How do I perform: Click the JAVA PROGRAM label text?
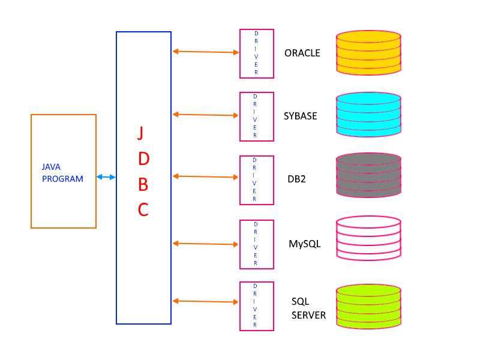tap(62, 173)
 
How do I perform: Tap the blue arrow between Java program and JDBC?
tap(106, 177)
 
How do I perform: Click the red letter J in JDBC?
tap(140, 133)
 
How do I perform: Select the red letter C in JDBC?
tap(143, 210)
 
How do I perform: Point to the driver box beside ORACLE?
tap(257, 53)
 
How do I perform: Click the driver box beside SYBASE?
tap(257, 116)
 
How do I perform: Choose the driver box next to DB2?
tap(257, 180)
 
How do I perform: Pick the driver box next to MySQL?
tap(257, 244)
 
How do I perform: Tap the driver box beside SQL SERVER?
tap(257, 306)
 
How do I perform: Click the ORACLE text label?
tap(302, 53)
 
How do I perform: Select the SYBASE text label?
tap(300, 116)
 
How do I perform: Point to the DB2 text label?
tap(296, 179)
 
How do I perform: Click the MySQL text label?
tap(304, 244)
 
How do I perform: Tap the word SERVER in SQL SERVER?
tap(308, 315)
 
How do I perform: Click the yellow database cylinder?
tap(368, 53)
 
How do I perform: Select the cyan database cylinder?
tap(368, 115)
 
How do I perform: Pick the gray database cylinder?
tap(368, 175)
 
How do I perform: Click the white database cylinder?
tap(368, 238)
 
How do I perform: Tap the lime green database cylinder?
tap(368, 307)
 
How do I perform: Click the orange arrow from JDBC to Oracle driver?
tap(206, 52)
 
